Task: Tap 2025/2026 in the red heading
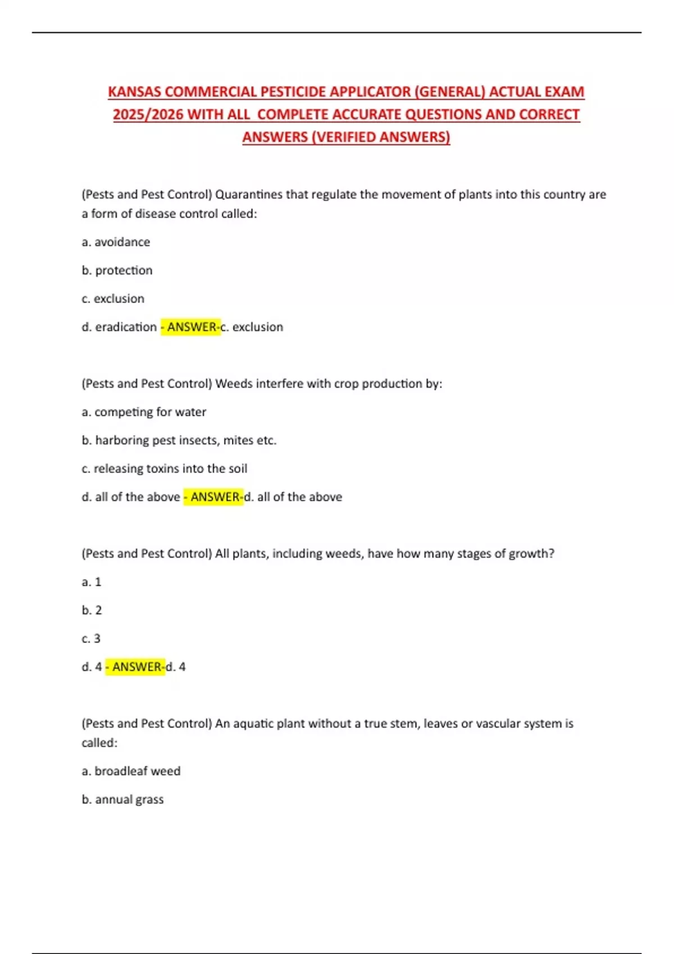[148, 114]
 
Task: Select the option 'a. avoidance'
[116, 242]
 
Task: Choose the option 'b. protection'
[117, 270]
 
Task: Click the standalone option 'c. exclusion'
[113, 299]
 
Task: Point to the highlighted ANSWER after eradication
[191, 327]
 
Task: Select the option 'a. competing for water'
[144, 412]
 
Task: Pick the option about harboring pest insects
[179, 441]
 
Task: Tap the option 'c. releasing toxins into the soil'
[164, 469]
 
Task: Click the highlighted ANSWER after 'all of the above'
[214, 497]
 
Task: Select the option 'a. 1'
[91, 582]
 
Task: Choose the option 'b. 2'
[92, 610]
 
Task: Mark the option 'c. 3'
[91, 639]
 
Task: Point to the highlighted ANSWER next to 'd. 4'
[136, 667]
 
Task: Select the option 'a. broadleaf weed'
[131, 771]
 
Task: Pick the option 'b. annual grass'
[122, 800]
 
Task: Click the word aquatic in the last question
[253, 724]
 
